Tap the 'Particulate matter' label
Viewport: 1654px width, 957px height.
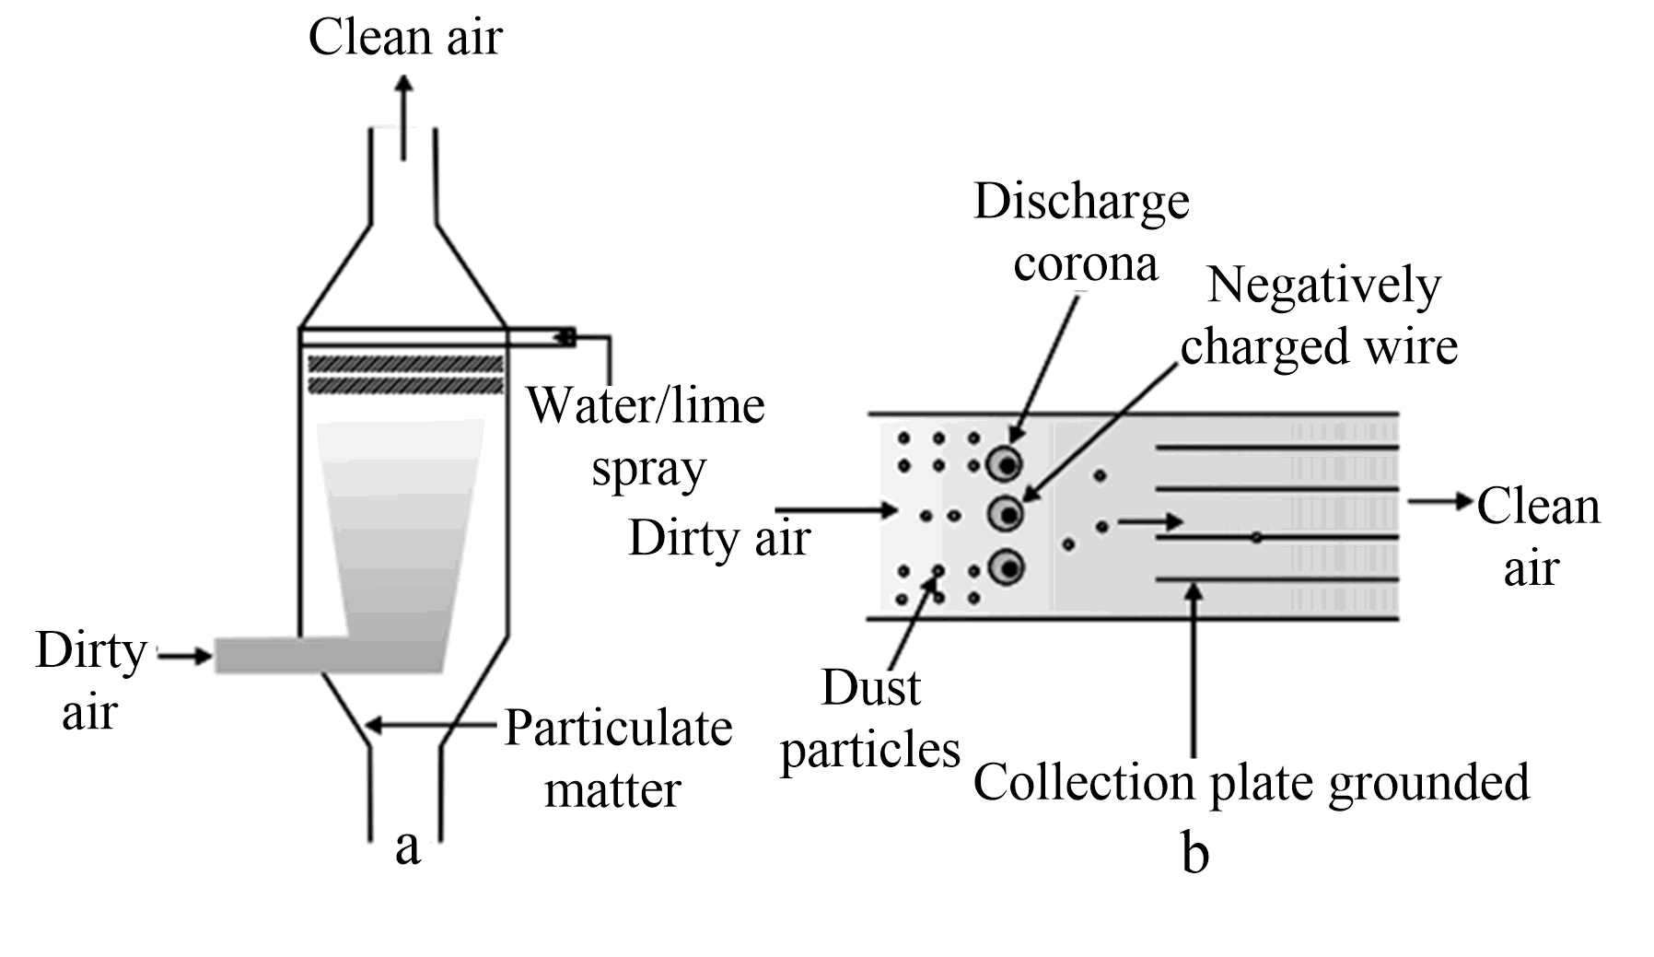pos(617,759)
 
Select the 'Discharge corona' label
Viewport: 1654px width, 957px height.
pos(1082,232)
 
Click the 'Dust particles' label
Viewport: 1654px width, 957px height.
pos(869,718)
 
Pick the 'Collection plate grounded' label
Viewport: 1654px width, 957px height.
pos(1251,782)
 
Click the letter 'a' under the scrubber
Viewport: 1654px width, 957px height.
pos(407,846)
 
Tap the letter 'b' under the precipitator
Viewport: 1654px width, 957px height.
pos(1194,854)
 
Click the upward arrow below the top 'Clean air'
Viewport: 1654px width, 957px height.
pos(403,115)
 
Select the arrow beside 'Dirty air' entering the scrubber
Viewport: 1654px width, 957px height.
pos(187,656)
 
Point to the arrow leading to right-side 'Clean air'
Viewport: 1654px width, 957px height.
pos(1440,502)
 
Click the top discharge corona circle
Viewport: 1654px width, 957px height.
pos(1006,463)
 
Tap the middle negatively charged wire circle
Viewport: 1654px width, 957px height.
pos(1006,513)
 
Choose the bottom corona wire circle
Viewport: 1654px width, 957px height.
pos(1007,567)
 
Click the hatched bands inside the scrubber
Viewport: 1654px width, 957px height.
pos(405,374)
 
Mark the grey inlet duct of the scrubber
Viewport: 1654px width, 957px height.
pos(276,655)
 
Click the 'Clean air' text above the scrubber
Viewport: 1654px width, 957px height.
pos(405,39)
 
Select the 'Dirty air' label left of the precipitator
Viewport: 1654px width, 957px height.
pos(719,538)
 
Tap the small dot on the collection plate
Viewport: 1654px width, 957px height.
pos(1256,537)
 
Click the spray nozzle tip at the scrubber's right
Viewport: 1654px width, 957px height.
pos(565,337)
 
